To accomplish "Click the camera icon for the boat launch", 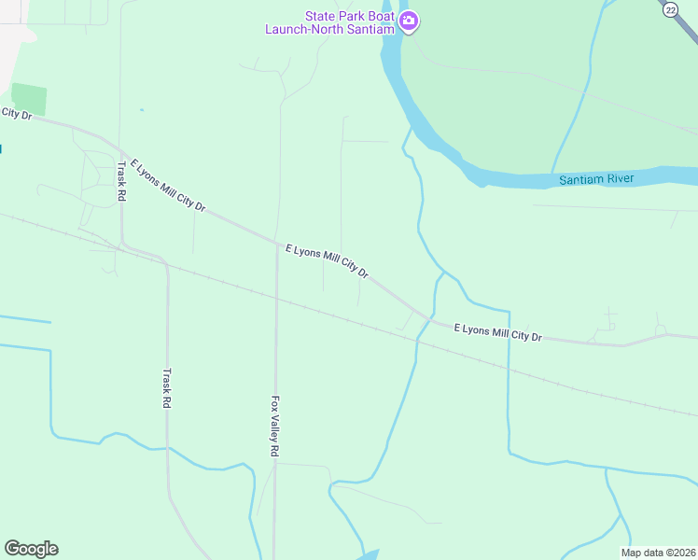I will coord(409,21).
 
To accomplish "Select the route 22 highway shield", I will coord(670,9).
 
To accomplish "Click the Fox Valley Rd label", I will coord(275,426).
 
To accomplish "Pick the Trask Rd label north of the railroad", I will coord(121,183).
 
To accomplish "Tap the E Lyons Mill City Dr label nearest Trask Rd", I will coord(168,184).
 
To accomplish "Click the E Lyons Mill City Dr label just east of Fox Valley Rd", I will coord(327,261).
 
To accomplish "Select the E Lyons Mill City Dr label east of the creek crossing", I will coord(497,331).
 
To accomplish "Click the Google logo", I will coord(31,549).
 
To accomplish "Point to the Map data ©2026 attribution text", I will coord(659,553).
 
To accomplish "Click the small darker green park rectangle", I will coord(29,99).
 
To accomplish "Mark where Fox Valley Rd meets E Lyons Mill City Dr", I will coord(277,245).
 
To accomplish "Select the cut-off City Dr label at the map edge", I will coord(16,114).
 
